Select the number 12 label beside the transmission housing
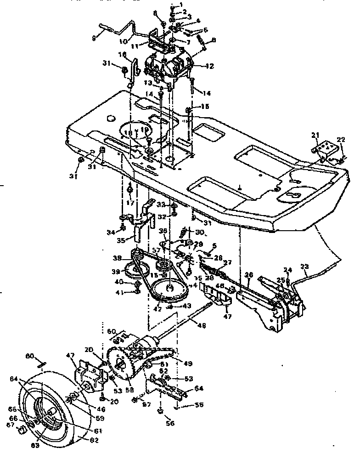click(x=209, y=66)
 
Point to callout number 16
click(x=122, y=54)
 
